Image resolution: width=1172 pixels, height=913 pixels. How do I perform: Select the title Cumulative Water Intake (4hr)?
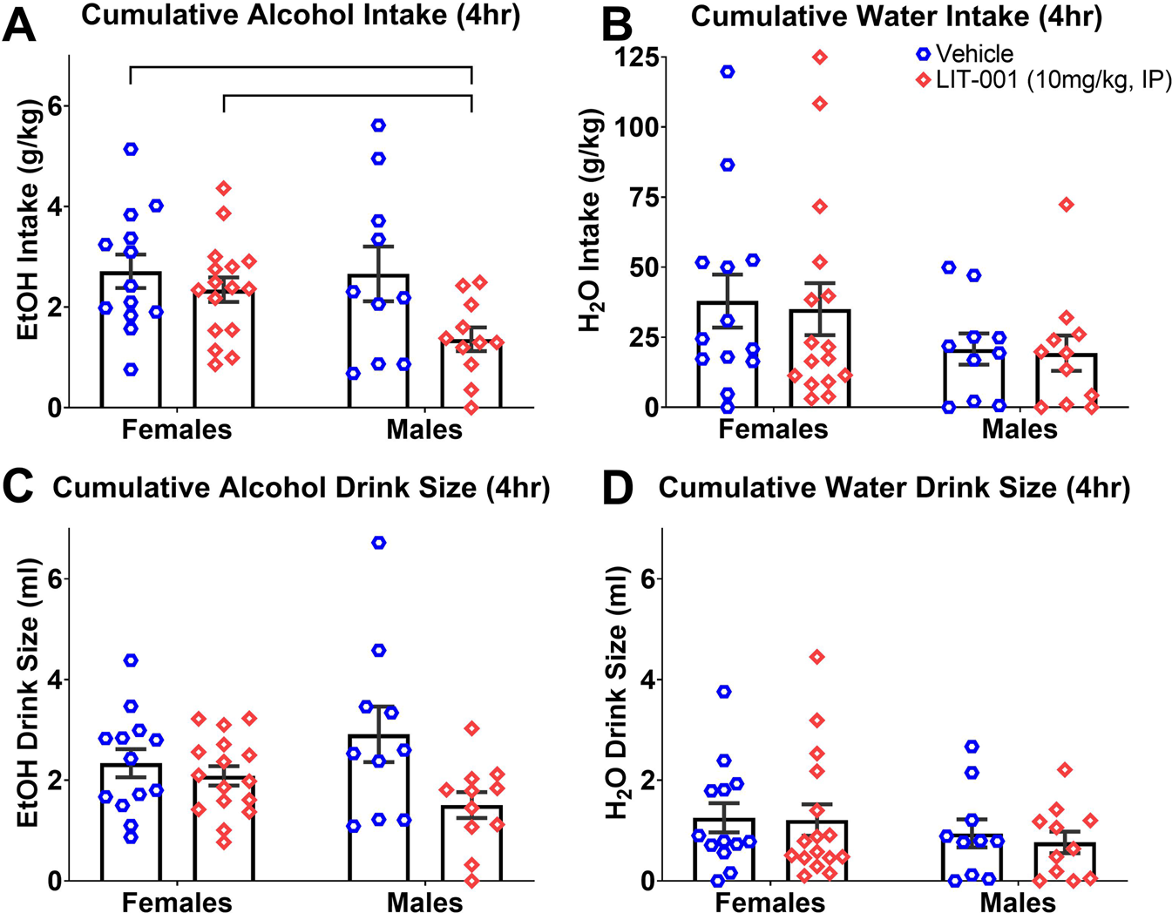(896, 17)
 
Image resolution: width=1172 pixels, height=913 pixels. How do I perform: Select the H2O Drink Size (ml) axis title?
(617, 693)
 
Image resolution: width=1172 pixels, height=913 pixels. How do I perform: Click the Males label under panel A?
(424, 429)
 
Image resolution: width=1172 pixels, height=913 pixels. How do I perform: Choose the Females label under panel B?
(773, 429)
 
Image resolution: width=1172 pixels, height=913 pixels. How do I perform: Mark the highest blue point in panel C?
(378, 543)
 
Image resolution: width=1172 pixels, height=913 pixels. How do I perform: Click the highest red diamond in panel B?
(820, 57)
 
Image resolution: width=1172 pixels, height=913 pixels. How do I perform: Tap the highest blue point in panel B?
(727, 71)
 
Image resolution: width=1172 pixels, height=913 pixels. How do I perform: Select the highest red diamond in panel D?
(816, 657)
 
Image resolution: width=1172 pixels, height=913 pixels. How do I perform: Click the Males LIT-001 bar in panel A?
(471, 375)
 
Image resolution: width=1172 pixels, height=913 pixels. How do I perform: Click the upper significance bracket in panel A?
(301, 67)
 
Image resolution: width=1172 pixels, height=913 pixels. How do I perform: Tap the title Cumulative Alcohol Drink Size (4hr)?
(301, 488)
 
